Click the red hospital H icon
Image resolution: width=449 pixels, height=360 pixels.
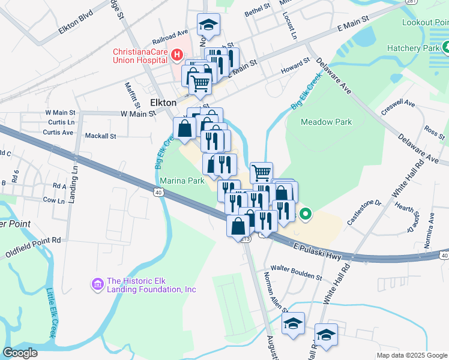point(177,56)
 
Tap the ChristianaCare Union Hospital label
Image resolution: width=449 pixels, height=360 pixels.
point(140,56)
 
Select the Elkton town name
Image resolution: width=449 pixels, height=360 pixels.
point(163,103)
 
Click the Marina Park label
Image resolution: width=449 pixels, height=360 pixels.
point(182,180)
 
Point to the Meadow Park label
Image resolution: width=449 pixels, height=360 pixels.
point(327,122)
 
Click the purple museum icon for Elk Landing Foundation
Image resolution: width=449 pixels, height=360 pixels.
point(96,283)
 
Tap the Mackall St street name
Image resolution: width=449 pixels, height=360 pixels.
point(100,136)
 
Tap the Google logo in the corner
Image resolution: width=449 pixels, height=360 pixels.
point(20,353)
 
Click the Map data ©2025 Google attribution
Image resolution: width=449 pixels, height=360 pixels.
point(411,355)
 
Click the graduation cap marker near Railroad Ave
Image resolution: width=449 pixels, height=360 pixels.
point(208,25)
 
